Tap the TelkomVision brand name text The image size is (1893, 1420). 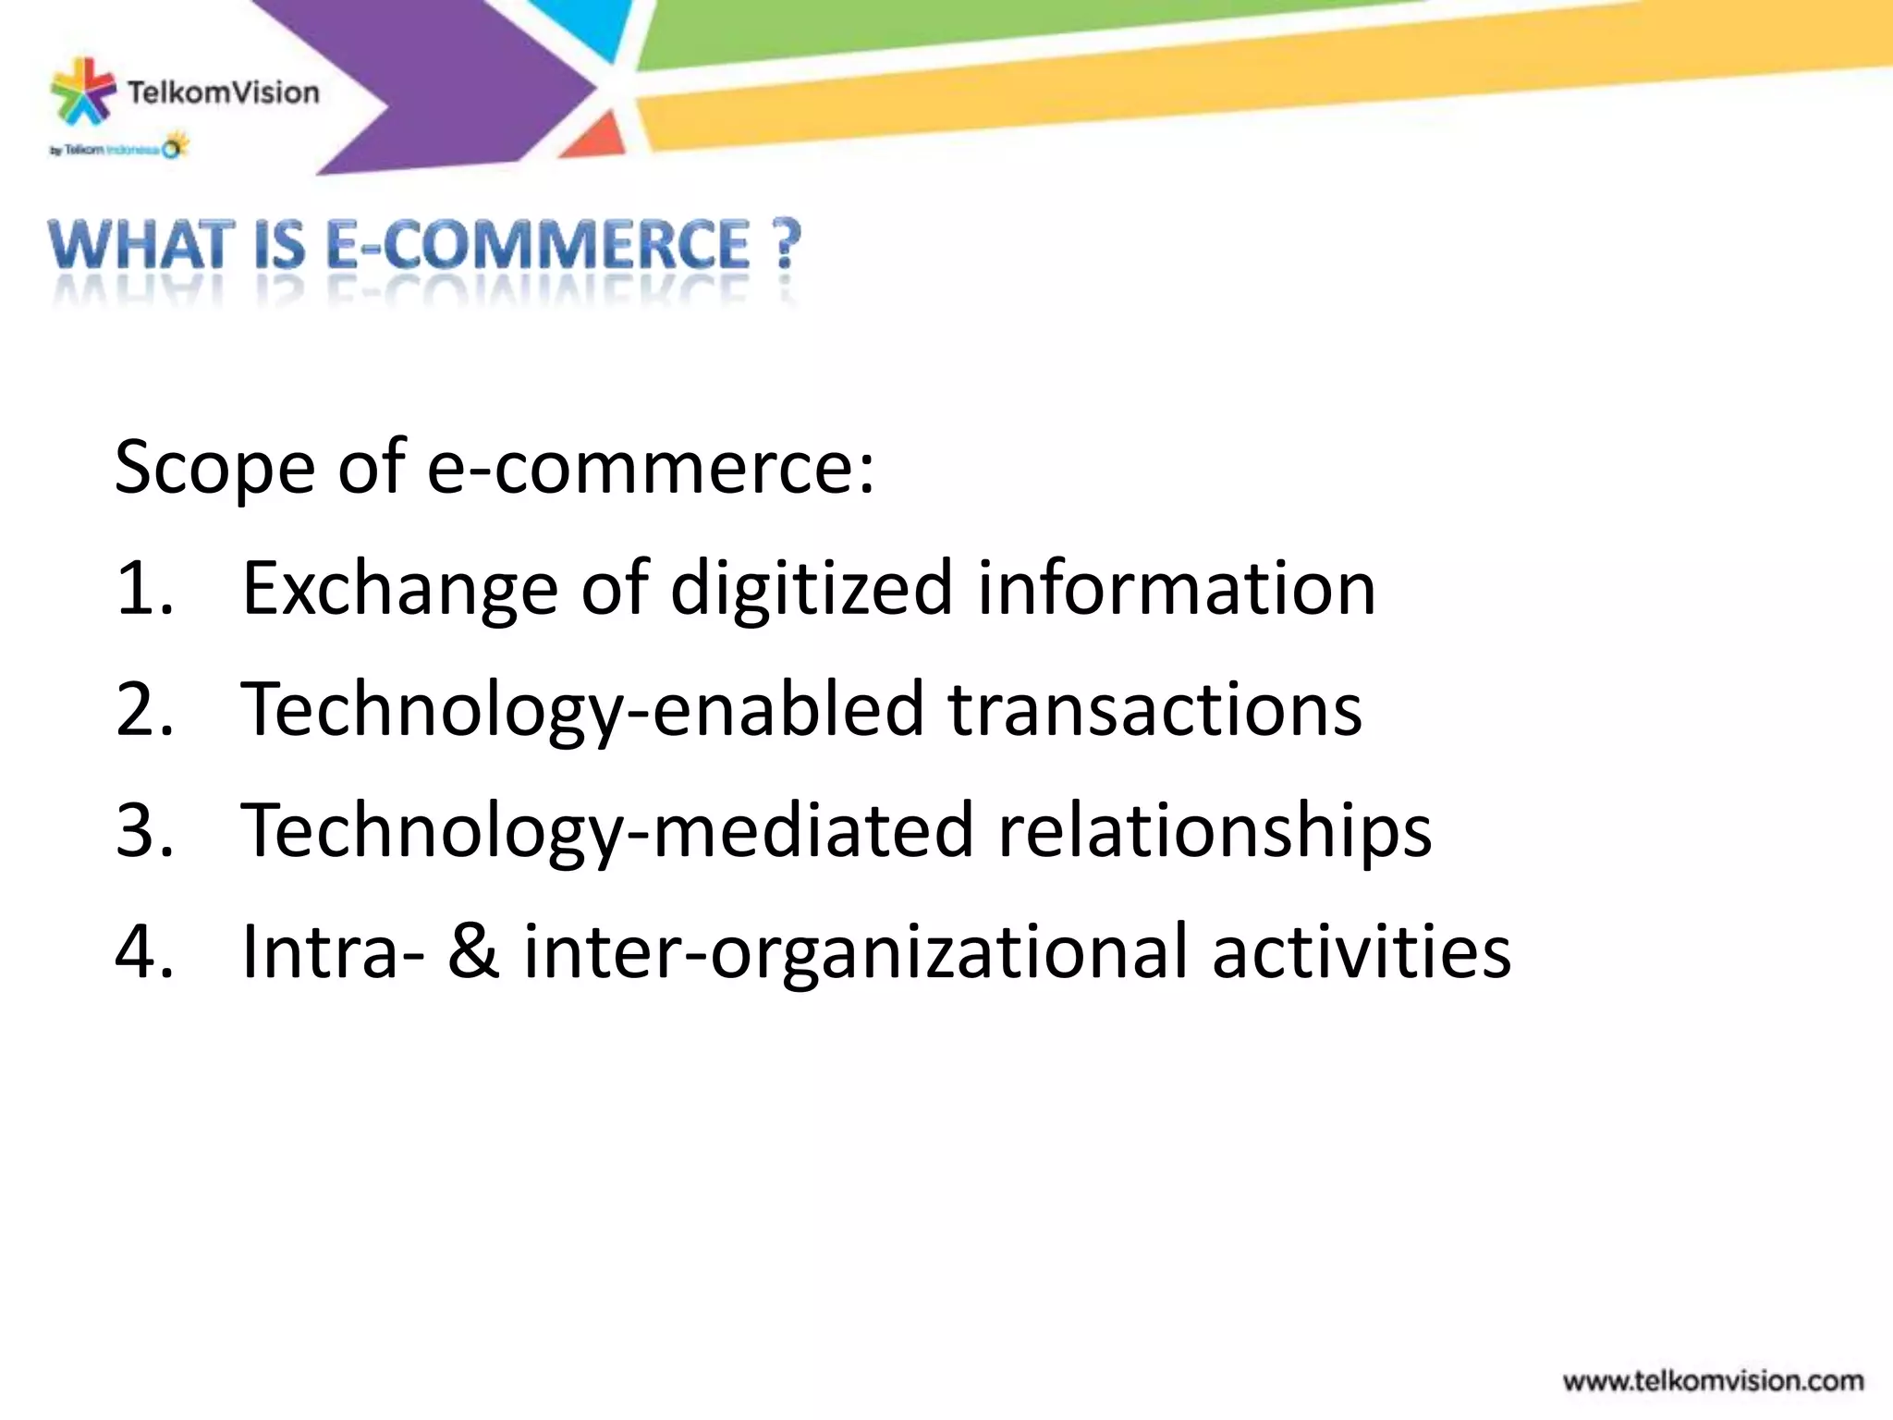[x=223, y=92]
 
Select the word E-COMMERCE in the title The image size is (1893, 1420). [x=539, y=246]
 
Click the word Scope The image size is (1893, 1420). [x=214, y=468]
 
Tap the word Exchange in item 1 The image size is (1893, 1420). [x=399, y=589]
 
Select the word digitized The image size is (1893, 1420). [x=811, y=589]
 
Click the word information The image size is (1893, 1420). [x=1177, y=589]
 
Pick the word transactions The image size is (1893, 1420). [x=1154, y=710]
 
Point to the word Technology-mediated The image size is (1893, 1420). [x=607, y=831]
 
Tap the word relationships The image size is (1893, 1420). [x=1215, y=831]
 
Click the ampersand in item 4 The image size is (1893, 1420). [x=474, y=952]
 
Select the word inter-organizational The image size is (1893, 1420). [x=855, y=952]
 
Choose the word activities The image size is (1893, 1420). [x=1362, y=952]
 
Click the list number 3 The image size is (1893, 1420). [x=144, y=831]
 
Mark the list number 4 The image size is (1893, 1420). [x=144, y=952]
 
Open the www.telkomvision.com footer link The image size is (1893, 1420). [x=1713, y=1381]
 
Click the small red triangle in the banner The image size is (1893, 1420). [x=594, y=137]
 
